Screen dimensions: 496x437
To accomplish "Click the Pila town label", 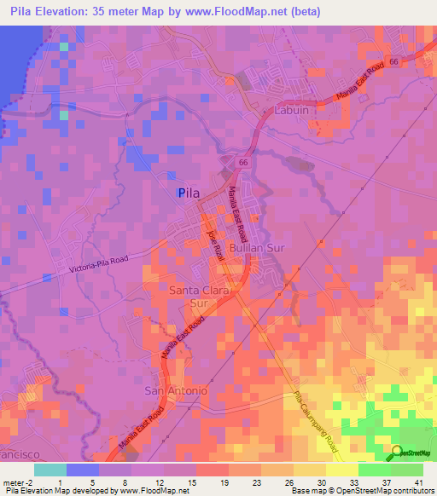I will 189,193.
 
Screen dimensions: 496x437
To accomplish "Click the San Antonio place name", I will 175,390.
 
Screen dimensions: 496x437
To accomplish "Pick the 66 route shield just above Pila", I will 243,161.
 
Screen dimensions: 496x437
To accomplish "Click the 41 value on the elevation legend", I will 418,482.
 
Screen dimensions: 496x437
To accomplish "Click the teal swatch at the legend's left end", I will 50,469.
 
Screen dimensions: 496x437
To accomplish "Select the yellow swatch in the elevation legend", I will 342,469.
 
